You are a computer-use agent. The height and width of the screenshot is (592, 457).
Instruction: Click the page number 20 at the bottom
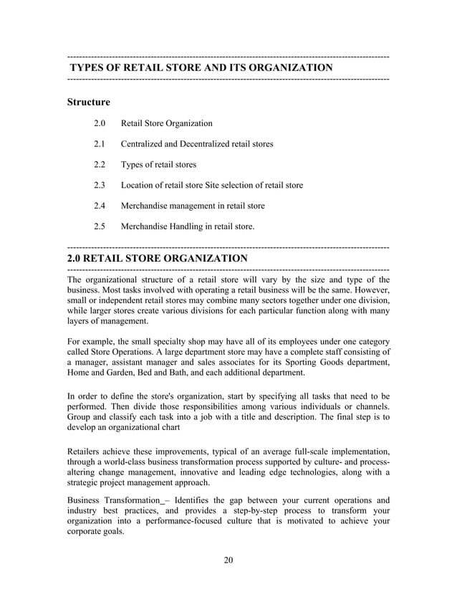228,560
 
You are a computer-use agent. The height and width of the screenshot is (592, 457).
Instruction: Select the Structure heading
88,102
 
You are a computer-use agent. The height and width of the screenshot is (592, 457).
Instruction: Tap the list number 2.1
100,144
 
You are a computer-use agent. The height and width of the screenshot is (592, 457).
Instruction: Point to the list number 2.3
100,186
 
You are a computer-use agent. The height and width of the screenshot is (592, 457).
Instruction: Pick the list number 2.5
100,226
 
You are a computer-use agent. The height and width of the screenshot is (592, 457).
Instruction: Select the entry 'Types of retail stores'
158,165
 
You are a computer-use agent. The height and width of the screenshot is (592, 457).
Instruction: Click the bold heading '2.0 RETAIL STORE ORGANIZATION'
157,258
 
